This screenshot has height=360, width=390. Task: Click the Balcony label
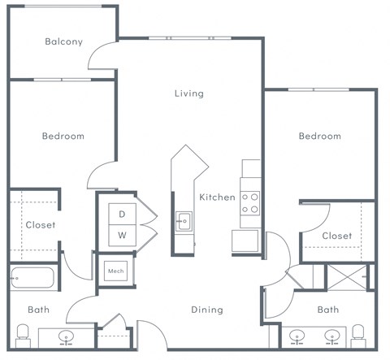point(63,41)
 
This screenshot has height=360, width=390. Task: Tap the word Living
point(188,93)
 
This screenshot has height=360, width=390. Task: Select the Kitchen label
point(217,197)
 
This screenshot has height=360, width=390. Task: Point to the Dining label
point(207,310)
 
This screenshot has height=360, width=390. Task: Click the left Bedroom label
point(63,137)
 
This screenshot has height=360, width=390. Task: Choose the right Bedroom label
point(319,137)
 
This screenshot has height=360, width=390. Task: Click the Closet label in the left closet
point(40,225)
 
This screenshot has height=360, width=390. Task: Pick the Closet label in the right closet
point(336,236)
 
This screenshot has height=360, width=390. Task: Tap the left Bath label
point(38,310)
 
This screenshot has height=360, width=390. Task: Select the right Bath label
point(327,310)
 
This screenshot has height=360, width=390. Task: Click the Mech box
point(115,271)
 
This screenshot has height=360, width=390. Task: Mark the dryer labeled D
point(123,214)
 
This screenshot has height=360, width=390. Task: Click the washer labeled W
point(123,236)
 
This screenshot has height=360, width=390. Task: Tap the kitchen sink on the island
point(184,219)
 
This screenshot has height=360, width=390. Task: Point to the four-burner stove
point(249,202)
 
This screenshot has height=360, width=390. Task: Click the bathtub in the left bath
point(32,278)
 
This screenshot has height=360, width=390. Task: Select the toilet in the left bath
point(23,332)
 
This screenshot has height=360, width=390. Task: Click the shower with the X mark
point(347,276)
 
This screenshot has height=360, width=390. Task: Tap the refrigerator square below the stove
point(245,241)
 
